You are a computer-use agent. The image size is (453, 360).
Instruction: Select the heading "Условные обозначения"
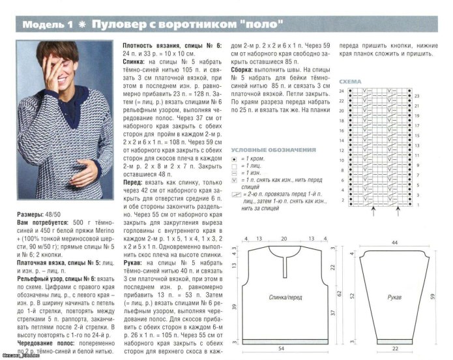[x=274, y=149]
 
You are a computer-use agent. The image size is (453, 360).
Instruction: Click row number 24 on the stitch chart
[x=340, y=91]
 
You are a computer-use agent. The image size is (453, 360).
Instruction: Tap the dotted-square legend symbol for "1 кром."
[x=234, y=159]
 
